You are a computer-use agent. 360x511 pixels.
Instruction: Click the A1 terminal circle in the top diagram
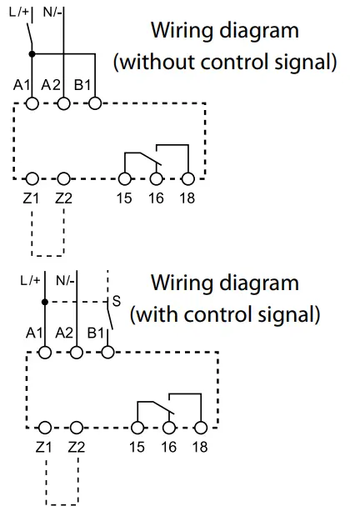(x=32, y=104)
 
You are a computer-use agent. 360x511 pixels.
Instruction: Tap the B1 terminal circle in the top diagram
(x=95, y=104)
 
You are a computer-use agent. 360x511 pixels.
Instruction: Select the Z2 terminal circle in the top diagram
(x=63, y=178)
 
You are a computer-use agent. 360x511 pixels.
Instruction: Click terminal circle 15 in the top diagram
(x=125, y=178)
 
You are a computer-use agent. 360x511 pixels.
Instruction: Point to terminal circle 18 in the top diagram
(x=188, y=178)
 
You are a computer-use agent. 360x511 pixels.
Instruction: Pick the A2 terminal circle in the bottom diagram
(x=77, y=353)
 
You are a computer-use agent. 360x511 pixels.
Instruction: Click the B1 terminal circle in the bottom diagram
(x=107, y=353)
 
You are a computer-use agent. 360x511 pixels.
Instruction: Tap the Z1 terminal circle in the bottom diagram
(x=45, y=428)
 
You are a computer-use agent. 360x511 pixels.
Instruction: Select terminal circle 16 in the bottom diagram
(x=169, y=428)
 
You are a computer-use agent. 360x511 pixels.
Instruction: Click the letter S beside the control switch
(x=117, y=302)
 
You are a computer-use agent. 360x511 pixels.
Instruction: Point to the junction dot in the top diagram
(x=32, y=54)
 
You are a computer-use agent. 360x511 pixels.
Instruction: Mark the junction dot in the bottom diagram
(x=45, y=302)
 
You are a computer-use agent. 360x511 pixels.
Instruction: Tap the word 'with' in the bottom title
(x=157, y=314)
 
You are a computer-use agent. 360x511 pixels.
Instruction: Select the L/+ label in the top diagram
(x=19, y=13)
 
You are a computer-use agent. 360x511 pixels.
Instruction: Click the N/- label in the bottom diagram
(x=65, y=280)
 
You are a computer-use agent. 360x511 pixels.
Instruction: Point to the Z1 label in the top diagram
(x=31, y=198)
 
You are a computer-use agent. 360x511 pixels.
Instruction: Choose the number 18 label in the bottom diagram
(x=200, y=447)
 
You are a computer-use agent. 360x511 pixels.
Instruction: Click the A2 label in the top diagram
(x=51, y=85)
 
